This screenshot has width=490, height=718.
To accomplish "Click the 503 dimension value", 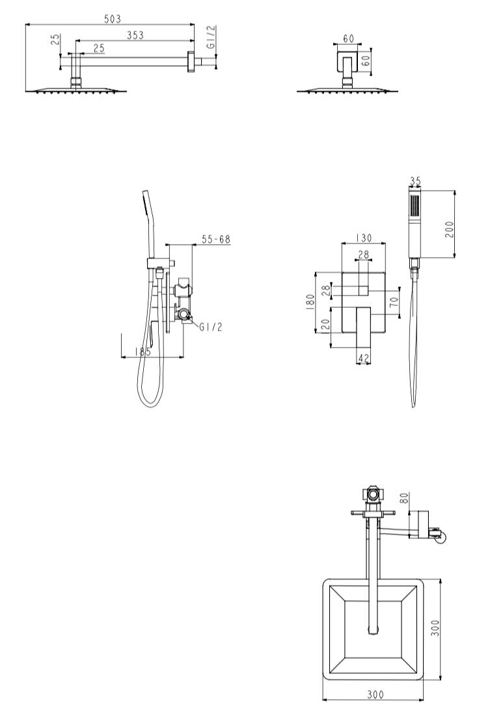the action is click(x=113, y=19).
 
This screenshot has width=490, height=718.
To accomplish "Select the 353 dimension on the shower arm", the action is click(x=135, y=35).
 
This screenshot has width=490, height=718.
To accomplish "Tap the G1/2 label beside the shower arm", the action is click(x=211, y=37).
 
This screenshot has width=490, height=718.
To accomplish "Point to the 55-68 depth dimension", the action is click(x=216, y=239).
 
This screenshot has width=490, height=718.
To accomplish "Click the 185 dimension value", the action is click(x=143, y=352).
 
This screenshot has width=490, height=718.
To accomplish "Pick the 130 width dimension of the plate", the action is click(x=364, y=238).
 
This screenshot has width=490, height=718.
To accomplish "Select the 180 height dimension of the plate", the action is click(x=310, y=302).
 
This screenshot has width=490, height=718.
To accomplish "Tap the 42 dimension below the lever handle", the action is click(x=363, y=359).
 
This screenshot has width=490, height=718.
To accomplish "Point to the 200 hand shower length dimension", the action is click(x=449, y=229).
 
